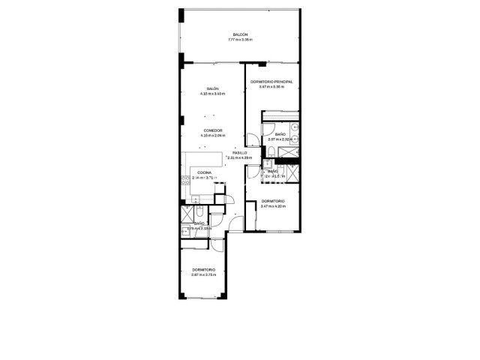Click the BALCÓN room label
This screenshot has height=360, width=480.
point(240,35)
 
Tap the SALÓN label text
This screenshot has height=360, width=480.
point(212,88)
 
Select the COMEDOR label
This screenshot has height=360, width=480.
point(213,130)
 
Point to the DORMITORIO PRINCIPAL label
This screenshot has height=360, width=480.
point(271,82)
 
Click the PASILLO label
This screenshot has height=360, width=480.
point(239,153)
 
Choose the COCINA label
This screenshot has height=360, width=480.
point(204,173)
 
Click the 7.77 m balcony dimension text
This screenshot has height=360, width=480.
point(240,40)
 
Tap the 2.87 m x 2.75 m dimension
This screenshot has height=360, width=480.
point(203,274)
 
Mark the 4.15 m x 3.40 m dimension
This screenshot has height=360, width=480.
point(212,94)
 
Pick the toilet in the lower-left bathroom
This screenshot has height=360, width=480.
point(199,212)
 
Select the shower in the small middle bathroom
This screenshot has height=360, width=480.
point(293,172)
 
